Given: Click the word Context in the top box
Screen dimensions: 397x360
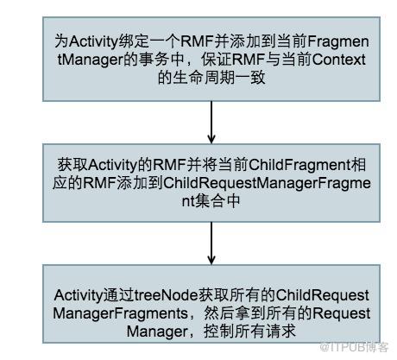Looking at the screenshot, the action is point(338,60).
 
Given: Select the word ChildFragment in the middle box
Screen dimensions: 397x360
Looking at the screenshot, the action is point(299,165).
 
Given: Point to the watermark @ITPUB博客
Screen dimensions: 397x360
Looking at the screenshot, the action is point(354,347).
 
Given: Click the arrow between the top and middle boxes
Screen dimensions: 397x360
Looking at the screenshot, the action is point(211,123).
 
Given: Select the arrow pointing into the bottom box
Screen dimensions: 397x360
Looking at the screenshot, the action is point(211,243).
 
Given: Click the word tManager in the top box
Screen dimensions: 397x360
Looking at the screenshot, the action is point(90,60).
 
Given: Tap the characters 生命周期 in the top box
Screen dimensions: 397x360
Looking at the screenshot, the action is point(204,78).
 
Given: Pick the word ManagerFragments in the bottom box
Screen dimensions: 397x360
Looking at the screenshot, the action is point(120,313).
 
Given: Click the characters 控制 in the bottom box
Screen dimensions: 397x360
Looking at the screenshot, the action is point(219,332).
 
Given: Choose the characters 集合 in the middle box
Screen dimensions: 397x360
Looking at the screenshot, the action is point(211,201).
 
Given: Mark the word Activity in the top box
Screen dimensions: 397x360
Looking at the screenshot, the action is point(94,42).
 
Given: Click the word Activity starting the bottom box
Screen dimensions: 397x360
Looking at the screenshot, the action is point(79,295).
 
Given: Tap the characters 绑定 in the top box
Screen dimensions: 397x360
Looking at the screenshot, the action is point(134,41).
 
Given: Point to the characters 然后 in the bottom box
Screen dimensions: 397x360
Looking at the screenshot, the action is point(219,313).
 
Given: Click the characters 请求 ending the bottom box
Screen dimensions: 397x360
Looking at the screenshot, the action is point(280,332).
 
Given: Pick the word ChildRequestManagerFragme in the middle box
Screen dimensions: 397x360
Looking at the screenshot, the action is point(267,184).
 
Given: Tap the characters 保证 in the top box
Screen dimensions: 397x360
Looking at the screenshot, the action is point(216,60).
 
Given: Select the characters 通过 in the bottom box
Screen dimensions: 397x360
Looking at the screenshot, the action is point(118,295).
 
